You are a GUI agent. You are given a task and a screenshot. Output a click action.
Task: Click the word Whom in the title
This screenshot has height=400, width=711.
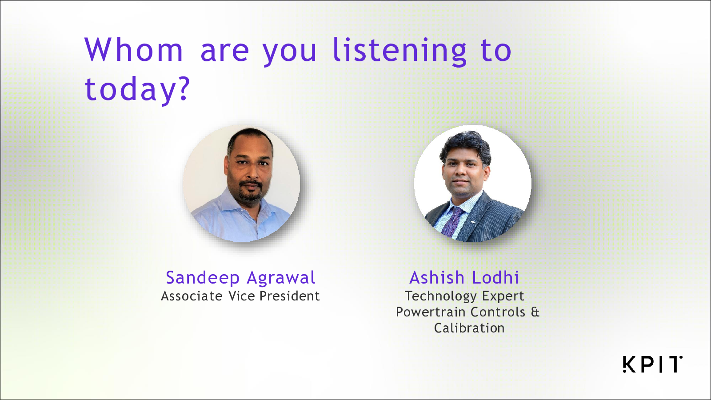click(134, 50)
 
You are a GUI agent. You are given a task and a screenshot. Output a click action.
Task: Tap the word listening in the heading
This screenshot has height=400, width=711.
click(399, 52)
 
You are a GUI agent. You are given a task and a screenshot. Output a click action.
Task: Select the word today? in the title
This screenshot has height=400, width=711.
click(137, 90)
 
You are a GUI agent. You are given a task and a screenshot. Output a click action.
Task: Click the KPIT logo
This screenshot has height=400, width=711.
click(652, 364)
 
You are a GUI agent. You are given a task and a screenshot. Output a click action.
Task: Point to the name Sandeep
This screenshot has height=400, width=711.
click(203, 278)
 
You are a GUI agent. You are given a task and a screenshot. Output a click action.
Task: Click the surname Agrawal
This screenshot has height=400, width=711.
click(281, 278)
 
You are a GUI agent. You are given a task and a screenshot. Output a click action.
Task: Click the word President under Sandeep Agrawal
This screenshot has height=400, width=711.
click(289, 296)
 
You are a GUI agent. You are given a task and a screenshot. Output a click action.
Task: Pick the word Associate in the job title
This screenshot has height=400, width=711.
click(192, 296)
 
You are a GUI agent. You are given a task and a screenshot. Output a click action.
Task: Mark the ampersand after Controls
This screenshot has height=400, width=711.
click(535, 312)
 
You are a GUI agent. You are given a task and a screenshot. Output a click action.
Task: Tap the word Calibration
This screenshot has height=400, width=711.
click(469, 328)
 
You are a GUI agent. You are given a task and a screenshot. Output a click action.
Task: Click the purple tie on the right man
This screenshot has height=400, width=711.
click(452, 221)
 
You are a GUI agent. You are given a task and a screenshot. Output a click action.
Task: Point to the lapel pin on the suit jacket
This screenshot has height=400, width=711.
click(473, 222)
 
